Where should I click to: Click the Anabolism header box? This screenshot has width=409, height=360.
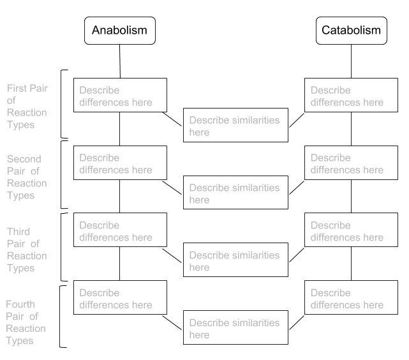tap(119, 31)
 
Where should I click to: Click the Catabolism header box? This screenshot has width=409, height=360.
tap(350, 31)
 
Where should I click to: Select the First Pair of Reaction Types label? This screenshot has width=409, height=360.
tap(27, 106)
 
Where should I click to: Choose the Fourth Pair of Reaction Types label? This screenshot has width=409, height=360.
tap(26, 322)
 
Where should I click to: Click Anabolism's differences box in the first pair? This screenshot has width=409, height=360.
tap(120, 96)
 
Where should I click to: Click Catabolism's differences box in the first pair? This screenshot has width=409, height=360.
tap(351, 96)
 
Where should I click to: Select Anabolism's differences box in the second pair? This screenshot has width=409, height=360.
tap(120, 163)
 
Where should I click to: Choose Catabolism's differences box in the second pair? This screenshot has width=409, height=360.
tap(351, 163)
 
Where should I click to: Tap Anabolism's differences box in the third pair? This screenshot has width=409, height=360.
tap(120, 231)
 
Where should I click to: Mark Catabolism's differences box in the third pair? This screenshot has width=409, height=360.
tap(351, 231)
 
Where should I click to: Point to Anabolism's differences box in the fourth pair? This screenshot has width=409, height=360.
tap(120, 298)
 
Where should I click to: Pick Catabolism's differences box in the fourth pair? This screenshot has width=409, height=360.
tap(351, 298)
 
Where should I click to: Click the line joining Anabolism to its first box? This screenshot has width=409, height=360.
tap(120, 61)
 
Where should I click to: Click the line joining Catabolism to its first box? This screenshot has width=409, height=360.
tap(351, 61)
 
